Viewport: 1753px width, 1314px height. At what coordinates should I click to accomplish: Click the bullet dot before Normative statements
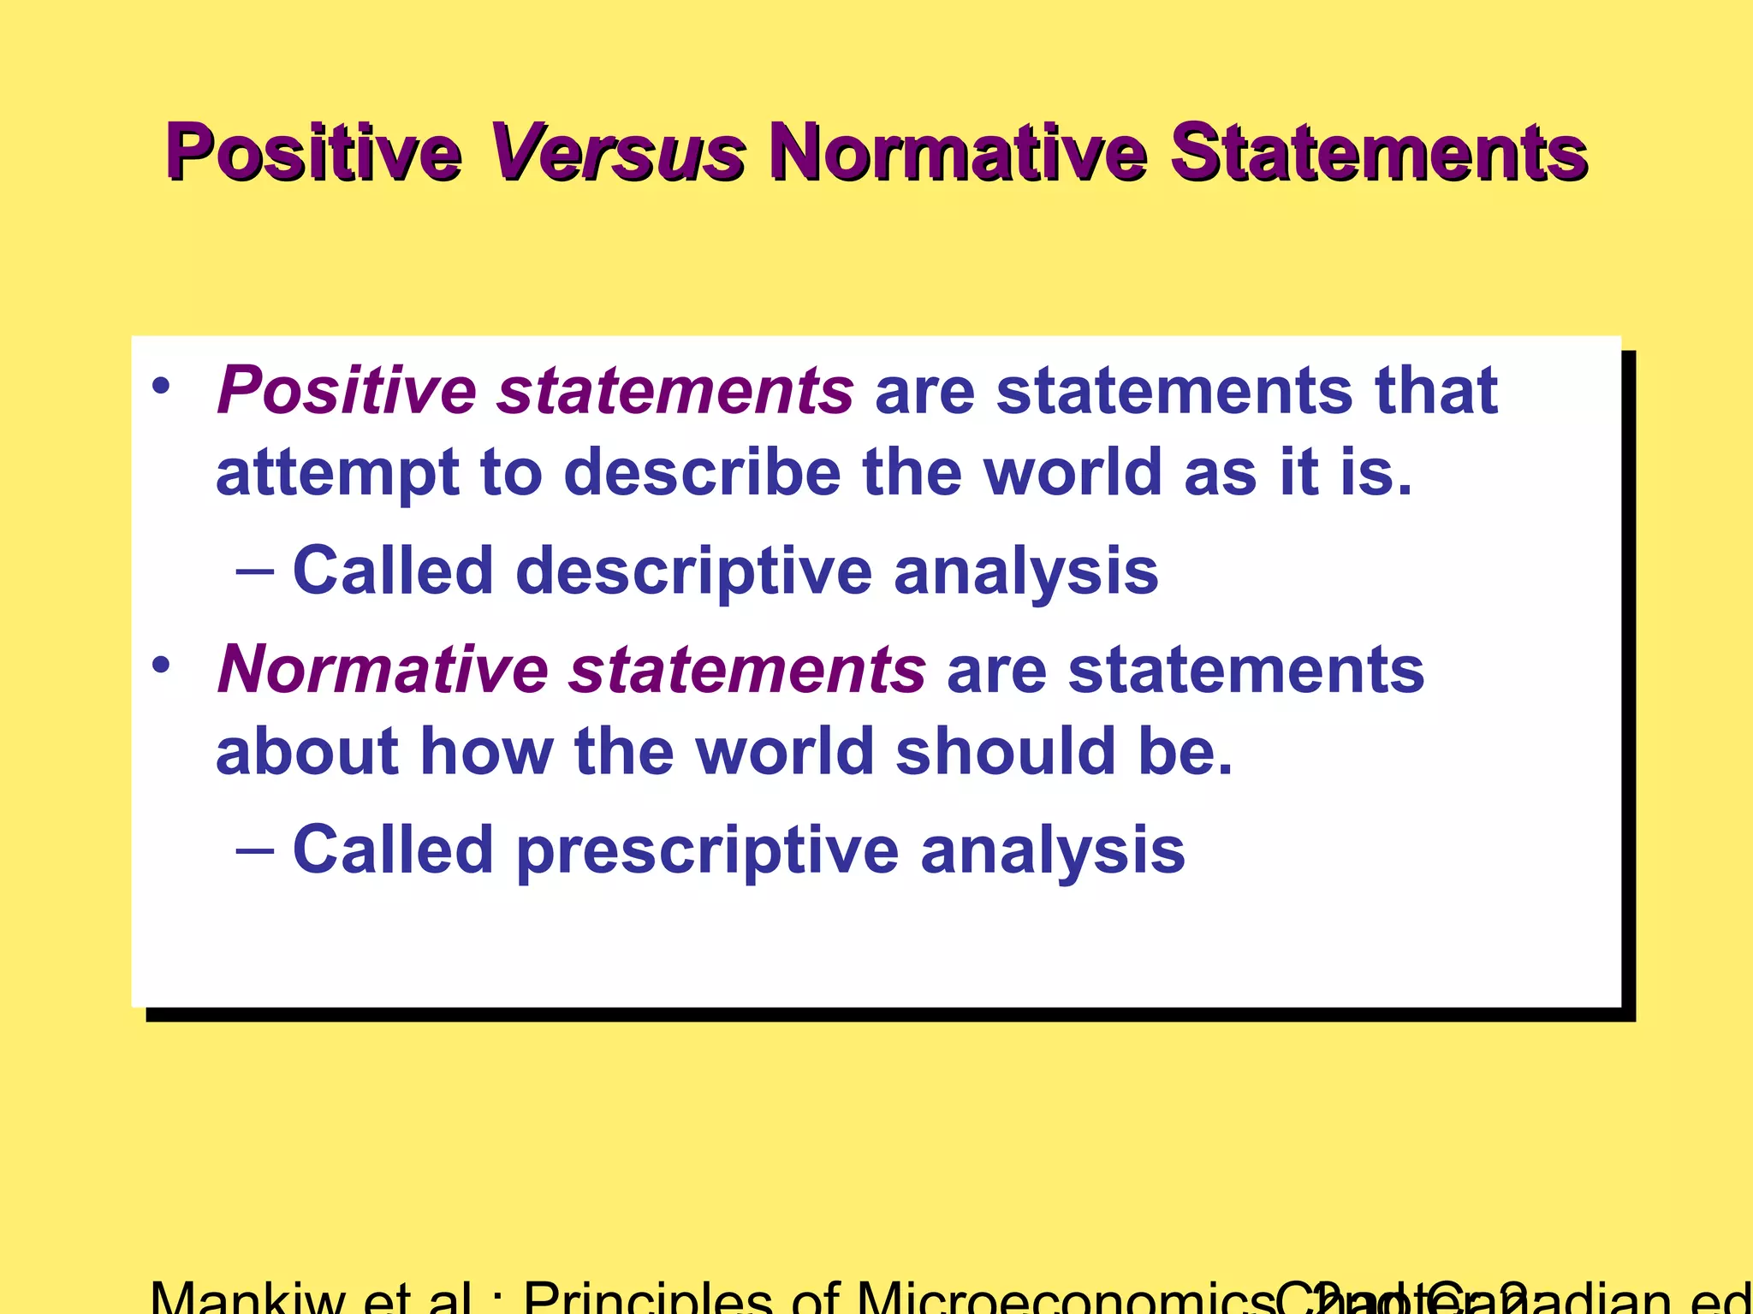162,664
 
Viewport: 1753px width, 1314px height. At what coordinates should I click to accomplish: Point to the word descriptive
693,571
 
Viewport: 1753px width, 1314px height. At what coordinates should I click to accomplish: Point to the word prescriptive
707,850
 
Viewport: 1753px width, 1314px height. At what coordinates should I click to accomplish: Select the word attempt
336,473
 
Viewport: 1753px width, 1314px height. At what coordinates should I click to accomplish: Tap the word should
1005,751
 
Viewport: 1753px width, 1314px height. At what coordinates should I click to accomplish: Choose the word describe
702,473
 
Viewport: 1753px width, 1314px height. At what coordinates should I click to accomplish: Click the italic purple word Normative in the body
383,669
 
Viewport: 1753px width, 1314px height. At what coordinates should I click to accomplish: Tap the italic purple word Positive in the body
347,390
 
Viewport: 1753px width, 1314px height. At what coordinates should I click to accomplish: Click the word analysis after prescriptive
1052,850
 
